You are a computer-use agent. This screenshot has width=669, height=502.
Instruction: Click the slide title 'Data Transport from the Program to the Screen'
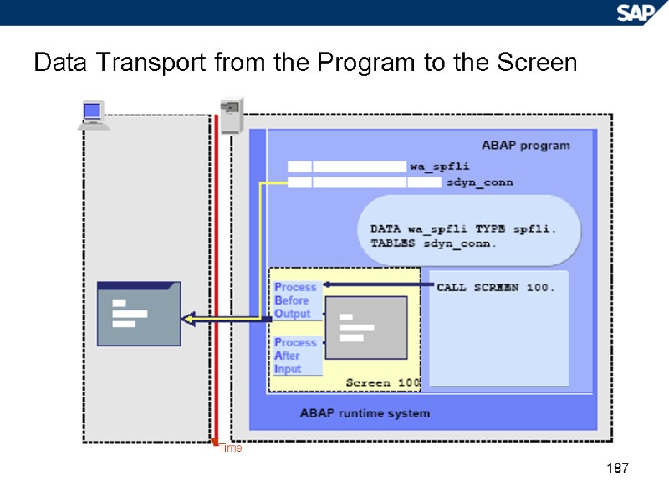point(305,63)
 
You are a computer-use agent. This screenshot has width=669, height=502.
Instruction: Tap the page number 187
point(617,468)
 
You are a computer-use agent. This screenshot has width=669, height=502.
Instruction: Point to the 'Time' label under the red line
point(231,448)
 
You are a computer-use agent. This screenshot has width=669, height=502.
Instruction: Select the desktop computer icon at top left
point(93,115)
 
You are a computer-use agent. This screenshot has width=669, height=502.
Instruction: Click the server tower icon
point(230,115)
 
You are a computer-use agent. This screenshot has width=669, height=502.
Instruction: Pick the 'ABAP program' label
point(525,146)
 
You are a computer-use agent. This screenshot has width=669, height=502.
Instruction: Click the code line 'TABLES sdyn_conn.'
point(433,243)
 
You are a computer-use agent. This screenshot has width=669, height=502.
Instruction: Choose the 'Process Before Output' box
point(297,300)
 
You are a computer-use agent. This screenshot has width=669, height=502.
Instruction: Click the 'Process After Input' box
point(297,356)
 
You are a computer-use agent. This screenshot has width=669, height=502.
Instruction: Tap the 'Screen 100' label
point(382,382)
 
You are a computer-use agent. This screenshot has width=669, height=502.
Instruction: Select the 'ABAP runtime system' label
point(365,413)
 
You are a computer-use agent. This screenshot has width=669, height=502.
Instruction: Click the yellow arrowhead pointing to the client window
point(187,318)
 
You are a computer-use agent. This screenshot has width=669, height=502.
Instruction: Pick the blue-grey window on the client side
point(138,313)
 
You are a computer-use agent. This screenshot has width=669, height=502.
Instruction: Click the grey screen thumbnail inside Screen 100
point(365,326)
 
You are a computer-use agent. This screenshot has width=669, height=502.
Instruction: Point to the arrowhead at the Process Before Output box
point(327,285)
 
